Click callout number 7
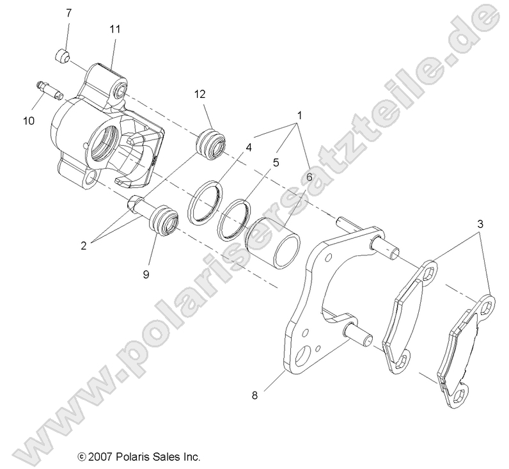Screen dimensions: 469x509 click(x=69, y=12)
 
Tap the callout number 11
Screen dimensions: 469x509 click(x=115, y=29)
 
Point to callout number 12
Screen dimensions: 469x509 click(x=200, y=94)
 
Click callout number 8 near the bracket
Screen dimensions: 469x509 click(x=256, y=395)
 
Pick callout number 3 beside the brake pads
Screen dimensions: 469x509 click(x=480, y=224)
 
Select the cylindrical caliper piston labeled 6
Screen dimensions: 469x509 click(x=275, y=240)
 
